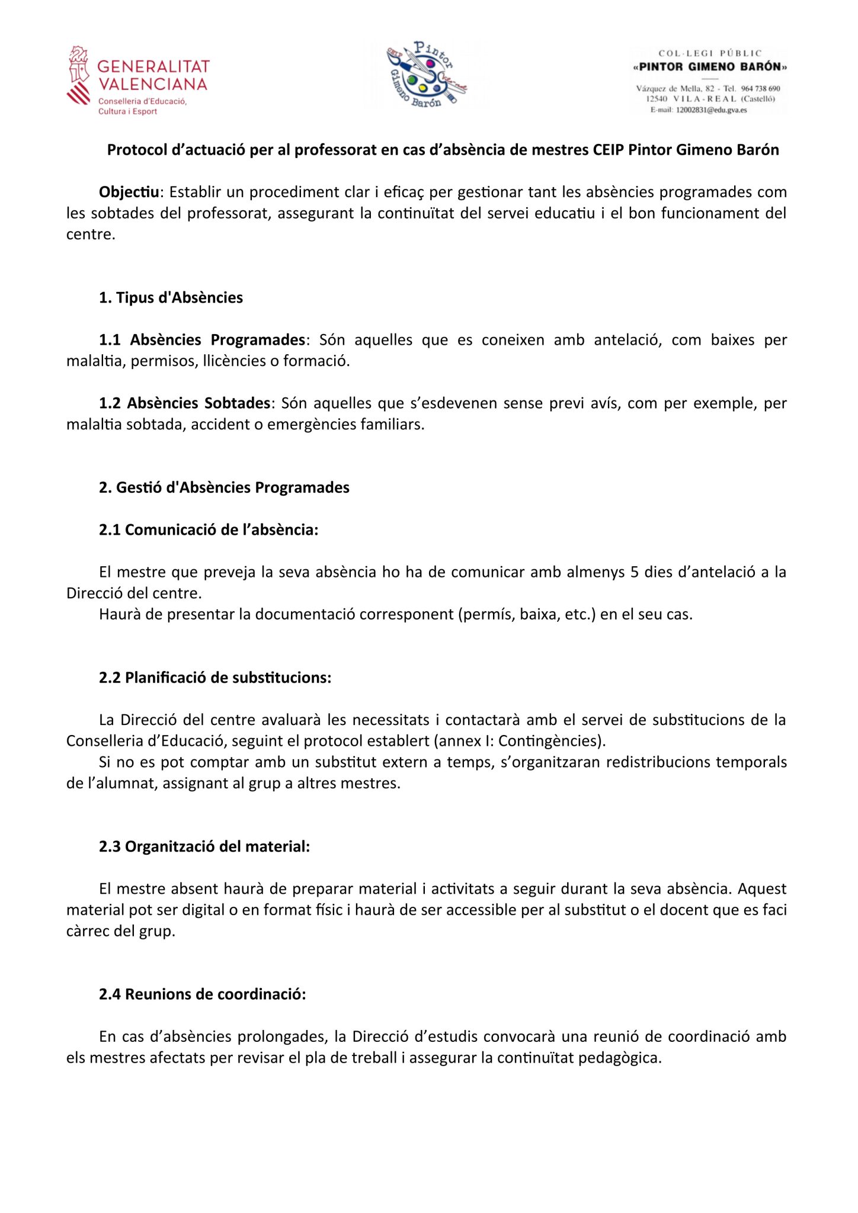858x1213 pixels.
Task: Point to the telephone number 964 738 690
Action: [x=761, y=89]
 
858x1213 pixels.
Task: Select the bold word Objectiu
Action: [x=129, y=192]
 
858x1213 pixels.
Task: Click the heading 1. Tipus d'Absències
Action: [x=171, y=297]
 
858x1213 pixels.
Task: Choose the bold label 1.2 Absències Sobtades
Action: [x=184, y=403]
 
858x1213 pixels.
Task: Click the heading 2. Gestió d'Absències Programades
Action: [x=224, y=487]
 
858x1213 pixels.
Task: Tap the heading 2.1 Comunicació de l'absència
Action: [x=209, y=530]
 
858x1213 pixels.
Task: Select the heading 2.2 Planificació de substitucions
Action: [x=215, y=678]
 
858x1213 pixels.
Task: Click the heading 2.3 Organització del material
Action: [x=204, y=846]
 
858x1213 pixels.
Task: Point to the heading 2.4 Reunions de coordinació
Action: [x=203, y=994]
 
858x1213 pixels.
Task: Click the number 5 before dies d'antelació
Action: [x=634, y=572]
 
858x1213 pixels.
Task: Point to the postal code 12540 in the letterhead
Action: [x=657, y=99]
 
